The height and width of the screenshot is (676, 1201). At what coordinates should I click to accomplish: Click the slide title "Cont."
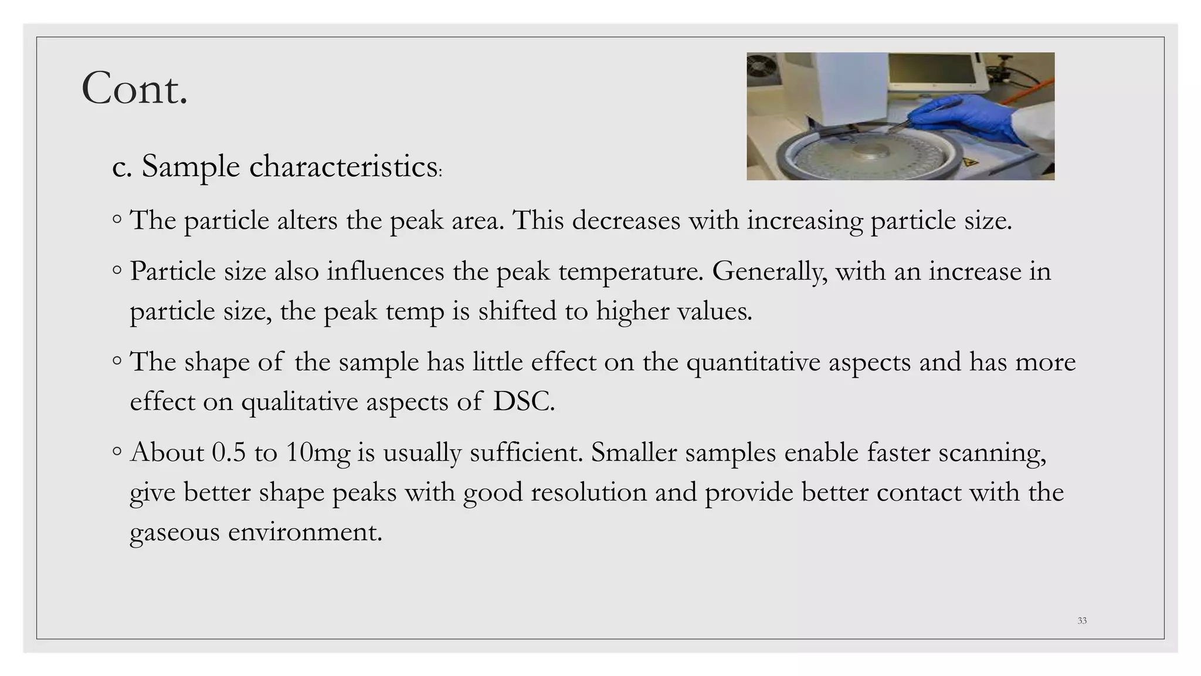[134, 89]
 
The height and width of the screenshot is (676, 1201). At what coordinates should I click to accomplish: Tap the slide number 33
[1082, 621]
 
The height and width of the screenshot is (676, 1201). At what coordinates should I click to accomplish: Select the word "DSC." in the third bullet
[524, 402]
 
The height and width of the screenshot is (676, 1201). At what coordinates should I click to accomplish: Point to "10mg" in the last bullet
[318, 453]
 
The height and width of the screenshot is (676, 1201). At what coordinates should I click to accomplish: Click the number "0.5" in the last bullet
[229, 453]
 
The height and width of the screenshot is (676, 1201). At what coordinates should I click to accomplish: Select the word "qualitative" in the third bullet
[300, 402]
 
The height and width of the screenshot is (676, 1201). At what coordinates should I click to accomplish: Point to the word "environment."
[305, 532]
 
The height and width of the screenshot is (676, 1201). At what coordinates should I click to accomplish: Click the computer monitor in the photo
[932, 70]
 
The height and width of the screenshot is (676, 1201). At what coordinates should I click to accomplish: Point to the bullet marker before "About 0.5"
[117, 451]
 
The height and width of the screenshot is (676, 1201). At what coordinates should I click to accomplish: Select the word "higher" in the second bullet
[632, 312]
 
